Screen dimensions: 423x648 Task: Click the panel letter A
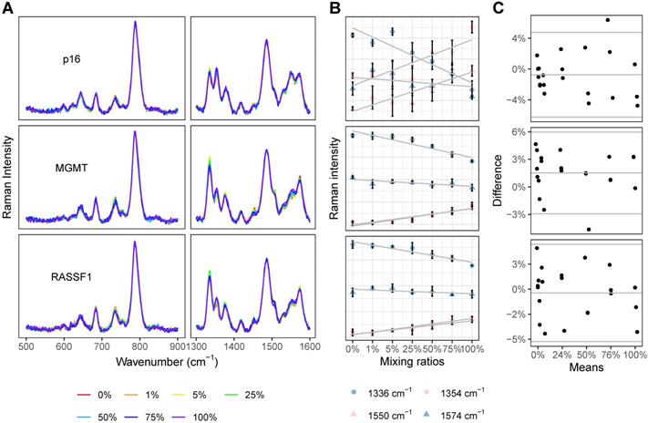point(9,8)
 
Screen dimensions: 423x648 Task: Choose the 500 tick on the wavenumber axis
point(26,349)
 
